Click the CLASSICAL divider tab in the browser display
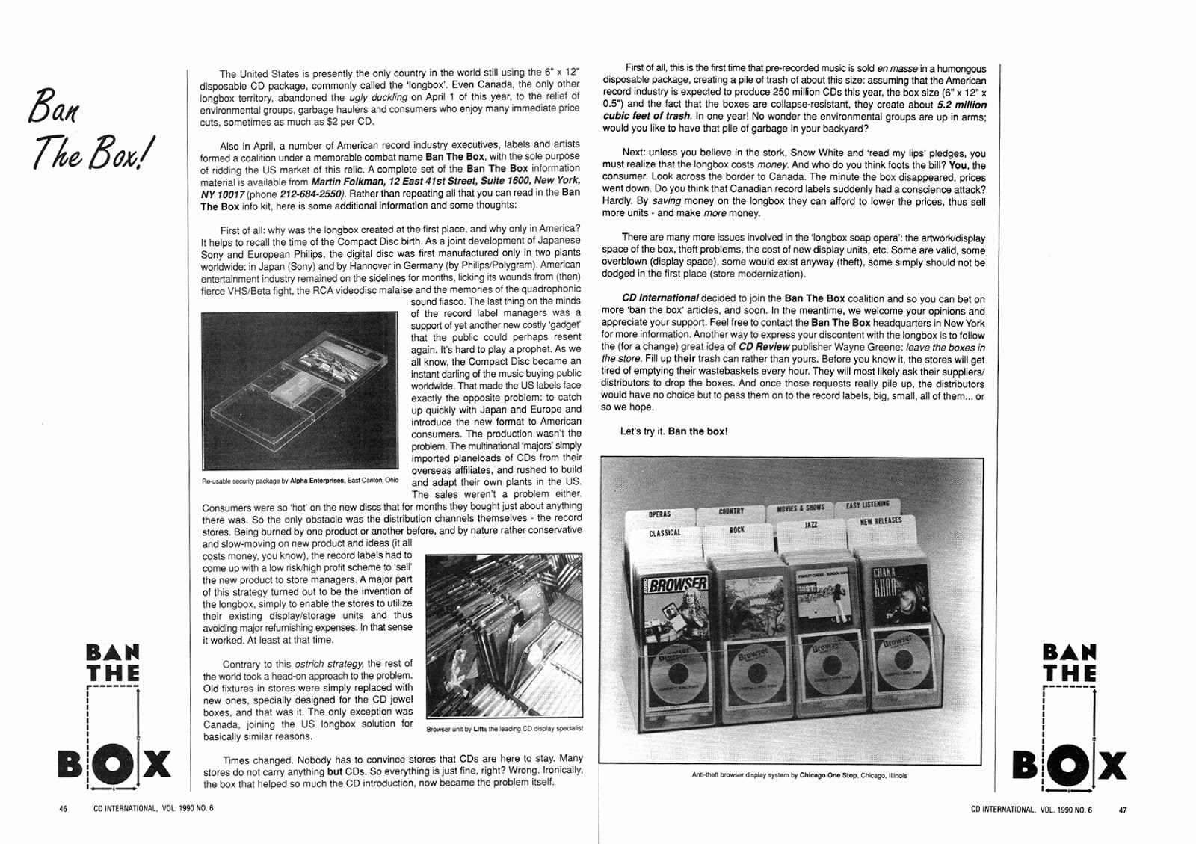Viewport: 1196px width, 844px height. tap(665, 533)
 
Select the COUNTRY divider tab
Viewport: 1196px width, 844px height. tap(731, 511)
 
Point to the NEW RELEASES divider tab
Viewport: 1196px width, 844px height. tap(880, 521)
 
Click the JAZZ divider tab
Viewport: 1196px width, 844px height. tap(810, 525)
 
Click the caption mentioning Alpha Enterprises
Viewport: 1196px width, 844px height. tap(300, 481)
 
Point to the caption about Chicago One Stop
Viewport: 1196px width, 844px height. tap(799, 775)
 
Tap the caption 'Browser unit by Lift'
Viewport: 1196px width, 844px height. tap(504, 728)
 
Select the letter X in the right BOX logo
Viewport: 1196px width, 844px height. tap(1110, 766)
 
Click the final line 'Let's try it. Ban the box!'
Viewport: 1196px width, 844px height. tap(673, 431)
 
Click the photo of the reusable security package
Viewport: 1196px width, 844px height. tap(299, 391)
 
